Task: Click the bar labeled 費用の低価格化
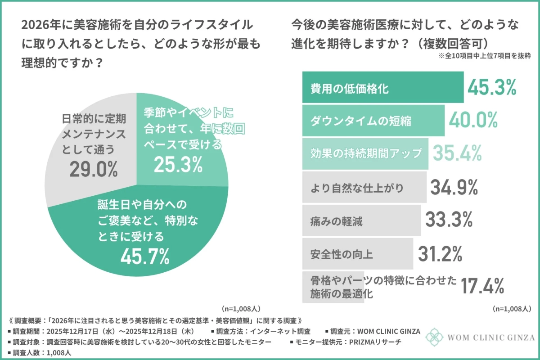[382, 88]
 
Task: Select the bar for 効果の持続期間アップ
[364, 153]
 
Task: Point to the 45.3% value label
[492, 88]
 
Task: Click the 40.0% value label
[473, 120]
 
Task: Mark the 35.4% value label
[457, 153]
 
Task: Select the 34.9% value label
[454, 187]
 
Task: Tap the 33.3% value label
[449, 220]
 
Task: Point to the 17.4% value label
[481, 285]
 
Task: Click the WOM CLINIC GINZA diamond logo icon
[435, 337]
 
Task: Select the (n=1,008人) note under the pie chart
[241, 309]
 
